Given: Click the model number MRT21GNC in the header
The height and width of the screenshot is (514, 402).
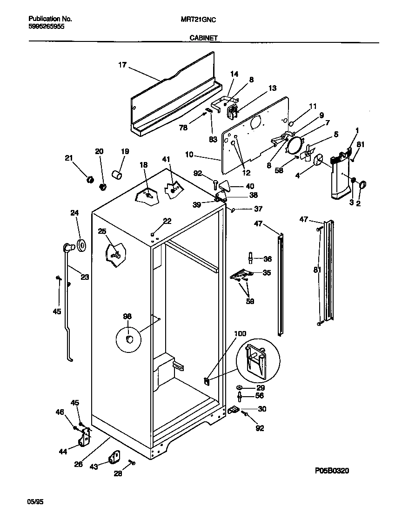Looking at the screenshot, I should pyautogui.click(x=198, y=19).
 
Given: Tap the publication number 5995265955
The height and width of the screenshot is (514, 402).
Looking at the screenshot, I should pyautogui.click(x=47, y=27).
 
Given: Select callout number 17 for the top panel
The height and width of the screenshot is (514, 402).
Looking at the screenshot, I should pyautogui.click(x=122, y=66).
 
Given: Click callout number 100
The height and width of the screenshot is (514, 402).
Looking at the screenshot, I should pyautogui.click(x=240, y=334).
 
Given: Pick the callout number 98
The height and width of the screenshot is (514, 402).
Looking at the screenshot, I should pyautogui.click(x=127, y=317).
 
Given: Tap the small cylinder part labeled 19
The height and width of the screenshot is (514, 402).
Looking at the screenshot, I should pyautogui.click(x=117, y=175).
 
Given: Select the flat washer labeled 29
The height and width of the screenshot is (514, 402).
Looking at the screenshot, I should pyautogui.click(x=239, y=387).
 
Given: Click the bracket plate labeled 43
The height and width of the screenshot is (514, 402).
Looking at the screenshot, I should pyautogui.click(x=114, y=458).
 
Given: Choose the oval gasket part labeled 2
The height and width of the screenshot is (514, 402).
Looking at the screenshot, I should pyautogui.click(x=363, y=184).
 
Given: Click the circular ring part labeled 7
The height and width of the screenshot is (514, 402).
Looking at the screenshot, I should pyautogui.click(x=294, y=145).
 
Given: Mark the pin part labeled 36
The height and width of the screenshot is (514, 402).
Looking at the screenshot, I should pyautogui.click(x=251, y=258).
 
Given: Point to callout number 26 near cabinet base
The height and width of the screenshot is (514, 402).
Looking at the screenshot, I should pyautogui.click(x=78, y=464).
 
